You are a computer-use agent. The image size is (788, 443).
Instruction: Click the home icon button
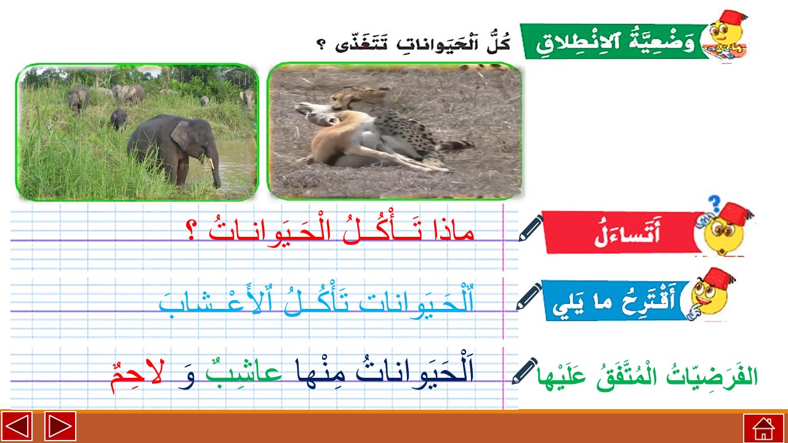[763, 428]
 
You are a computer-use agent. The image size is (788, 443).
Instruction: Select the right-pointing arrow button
[60, 426]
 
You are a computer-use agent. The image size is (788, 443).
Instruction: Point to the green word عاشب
[243, 372]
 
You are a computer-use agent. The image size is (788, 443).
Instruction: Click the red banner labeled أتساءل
[622, 232]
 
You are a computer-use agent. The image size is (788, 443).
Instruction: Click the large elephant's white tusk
[211, 164]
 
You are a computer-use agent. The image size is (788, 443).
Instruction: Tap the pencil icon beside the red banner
[531, 228]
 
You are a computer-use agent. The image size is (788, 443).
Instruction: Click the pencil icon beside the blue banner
[529, 297]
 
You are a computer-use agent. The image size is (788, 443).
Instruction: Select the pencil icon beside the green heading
[525, 371]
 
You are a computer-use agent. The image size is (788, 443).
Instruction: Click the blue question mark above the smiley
[714, 204]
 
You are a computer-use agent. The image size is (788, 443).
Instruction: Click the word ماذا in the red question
[454, 231]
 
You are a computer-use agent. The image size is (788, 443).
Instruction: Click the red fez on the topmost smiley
[733, 19]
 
